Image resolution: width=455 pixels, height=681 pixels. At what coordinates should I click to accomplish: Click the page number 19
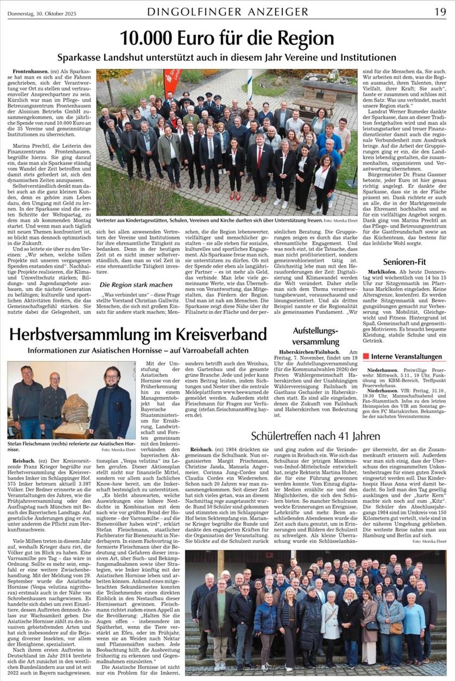point(440,11)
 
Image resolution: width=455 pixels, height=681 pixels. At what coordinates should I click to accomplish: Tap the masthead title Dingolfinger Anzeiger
point(227,11)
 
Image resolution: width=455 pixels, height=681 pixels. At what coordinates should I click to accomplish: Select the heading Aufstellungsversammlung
point(315,336)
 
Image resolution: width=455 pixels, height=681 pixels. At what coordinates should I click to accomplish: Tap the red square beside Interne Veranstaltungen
point(366,357)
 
